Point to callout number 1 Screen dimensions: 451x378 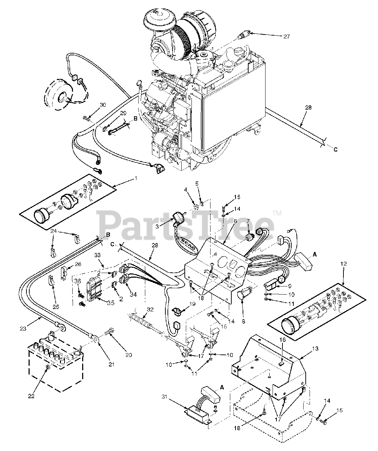coord(136,178)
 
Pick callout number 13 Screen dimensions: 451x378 coord(315,348)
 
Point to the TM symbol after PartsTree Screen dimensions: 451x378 coord(277,213)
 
